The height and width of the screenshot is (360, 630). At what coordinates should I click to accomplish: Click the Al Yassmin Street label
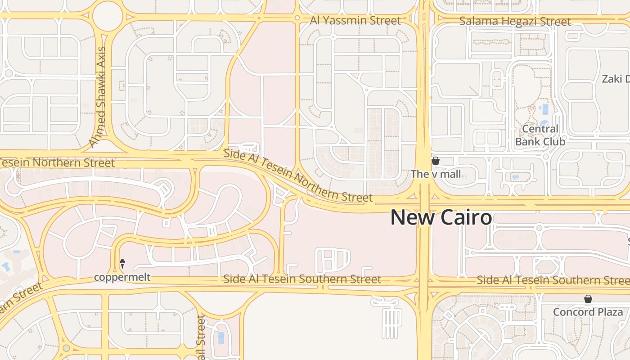tap(355, 21)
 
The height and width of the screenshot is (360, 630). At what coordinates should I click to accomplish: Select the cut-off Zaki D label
tap(615, 79)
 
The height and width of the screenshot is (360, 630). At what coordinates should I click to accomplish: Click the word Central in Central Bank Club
tap(540, 129)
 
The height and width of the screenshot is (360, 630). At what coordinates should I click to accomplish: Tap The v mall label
tap(436, 174)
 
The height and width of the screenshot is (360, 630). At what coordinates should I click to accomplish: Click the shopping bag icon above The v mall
tap(435, 161)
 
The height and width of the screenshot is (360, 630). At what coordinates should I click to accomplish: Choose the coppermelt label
tap(122, 277)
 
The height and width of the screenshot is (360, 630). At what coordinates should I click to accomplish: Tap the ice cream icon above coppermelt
tap(122, 263)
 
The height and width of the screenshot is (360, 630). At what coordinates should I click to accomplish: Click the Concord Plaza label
tap(588, 312)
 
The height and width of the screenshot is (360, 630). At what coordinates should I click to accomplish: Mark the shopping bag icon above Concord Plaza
tap(588, 299)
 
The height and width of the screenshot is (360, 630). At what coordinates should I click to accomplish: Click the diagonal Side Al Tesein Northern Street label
tap(298, 176)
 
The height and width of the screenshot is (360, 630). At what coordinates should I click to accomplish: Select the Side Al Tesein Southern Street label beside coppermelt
tap(302, 279)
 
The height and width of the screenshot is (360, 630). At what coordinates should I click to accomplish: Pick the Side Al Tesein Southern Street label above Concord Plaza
tap(553, 280)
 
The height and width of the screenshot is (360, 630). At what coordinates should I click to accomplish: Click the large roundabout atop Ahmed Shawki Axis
tap(108, 17)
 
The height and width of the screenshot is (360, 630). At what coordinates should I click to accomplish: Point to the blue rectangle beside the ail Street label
tap(220, 337)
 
